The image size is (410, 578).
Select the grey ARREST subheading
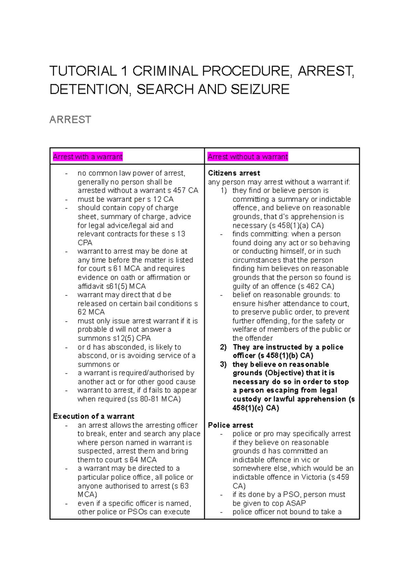70,120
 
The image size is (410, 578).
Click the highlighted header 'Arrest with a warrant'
87,157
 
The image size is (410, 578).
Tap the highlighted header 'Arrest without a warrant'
248,157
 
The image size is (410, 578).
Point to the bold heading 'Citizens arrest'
234,173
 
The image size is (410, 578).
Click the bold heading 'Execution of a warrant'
93,416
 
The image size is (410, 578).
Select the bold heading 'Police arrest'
231,425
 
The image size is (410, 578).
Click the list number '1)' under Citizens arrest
223,190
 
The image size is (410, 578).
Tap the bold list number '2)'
223,347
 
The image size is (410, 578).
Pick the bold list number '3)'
223,364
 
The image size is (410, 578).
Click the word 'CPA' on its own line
85,243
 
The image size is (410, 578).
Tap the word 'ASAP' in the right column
296,503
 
